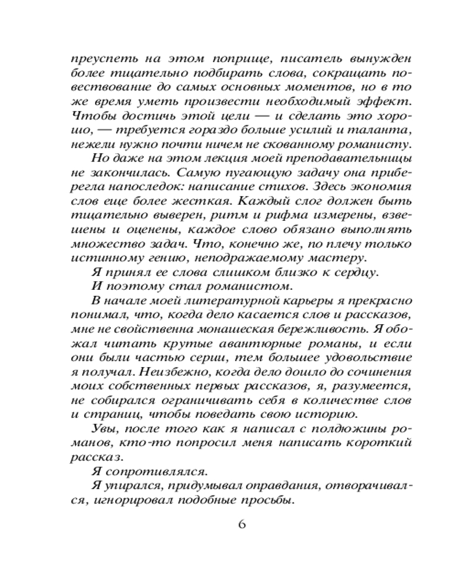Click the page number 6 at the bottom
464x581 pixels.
tap(242, 524)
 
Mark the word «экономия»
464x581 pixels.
tap(383, 187)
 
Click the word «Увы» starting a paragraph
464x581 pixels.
tap(103, 428)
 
